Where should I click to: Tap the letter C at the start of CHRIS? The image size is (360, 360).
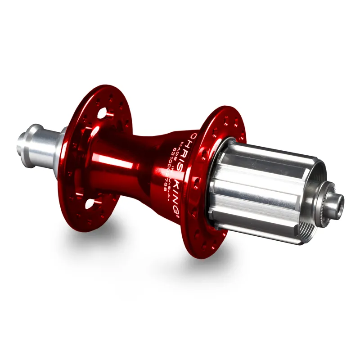193,135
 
